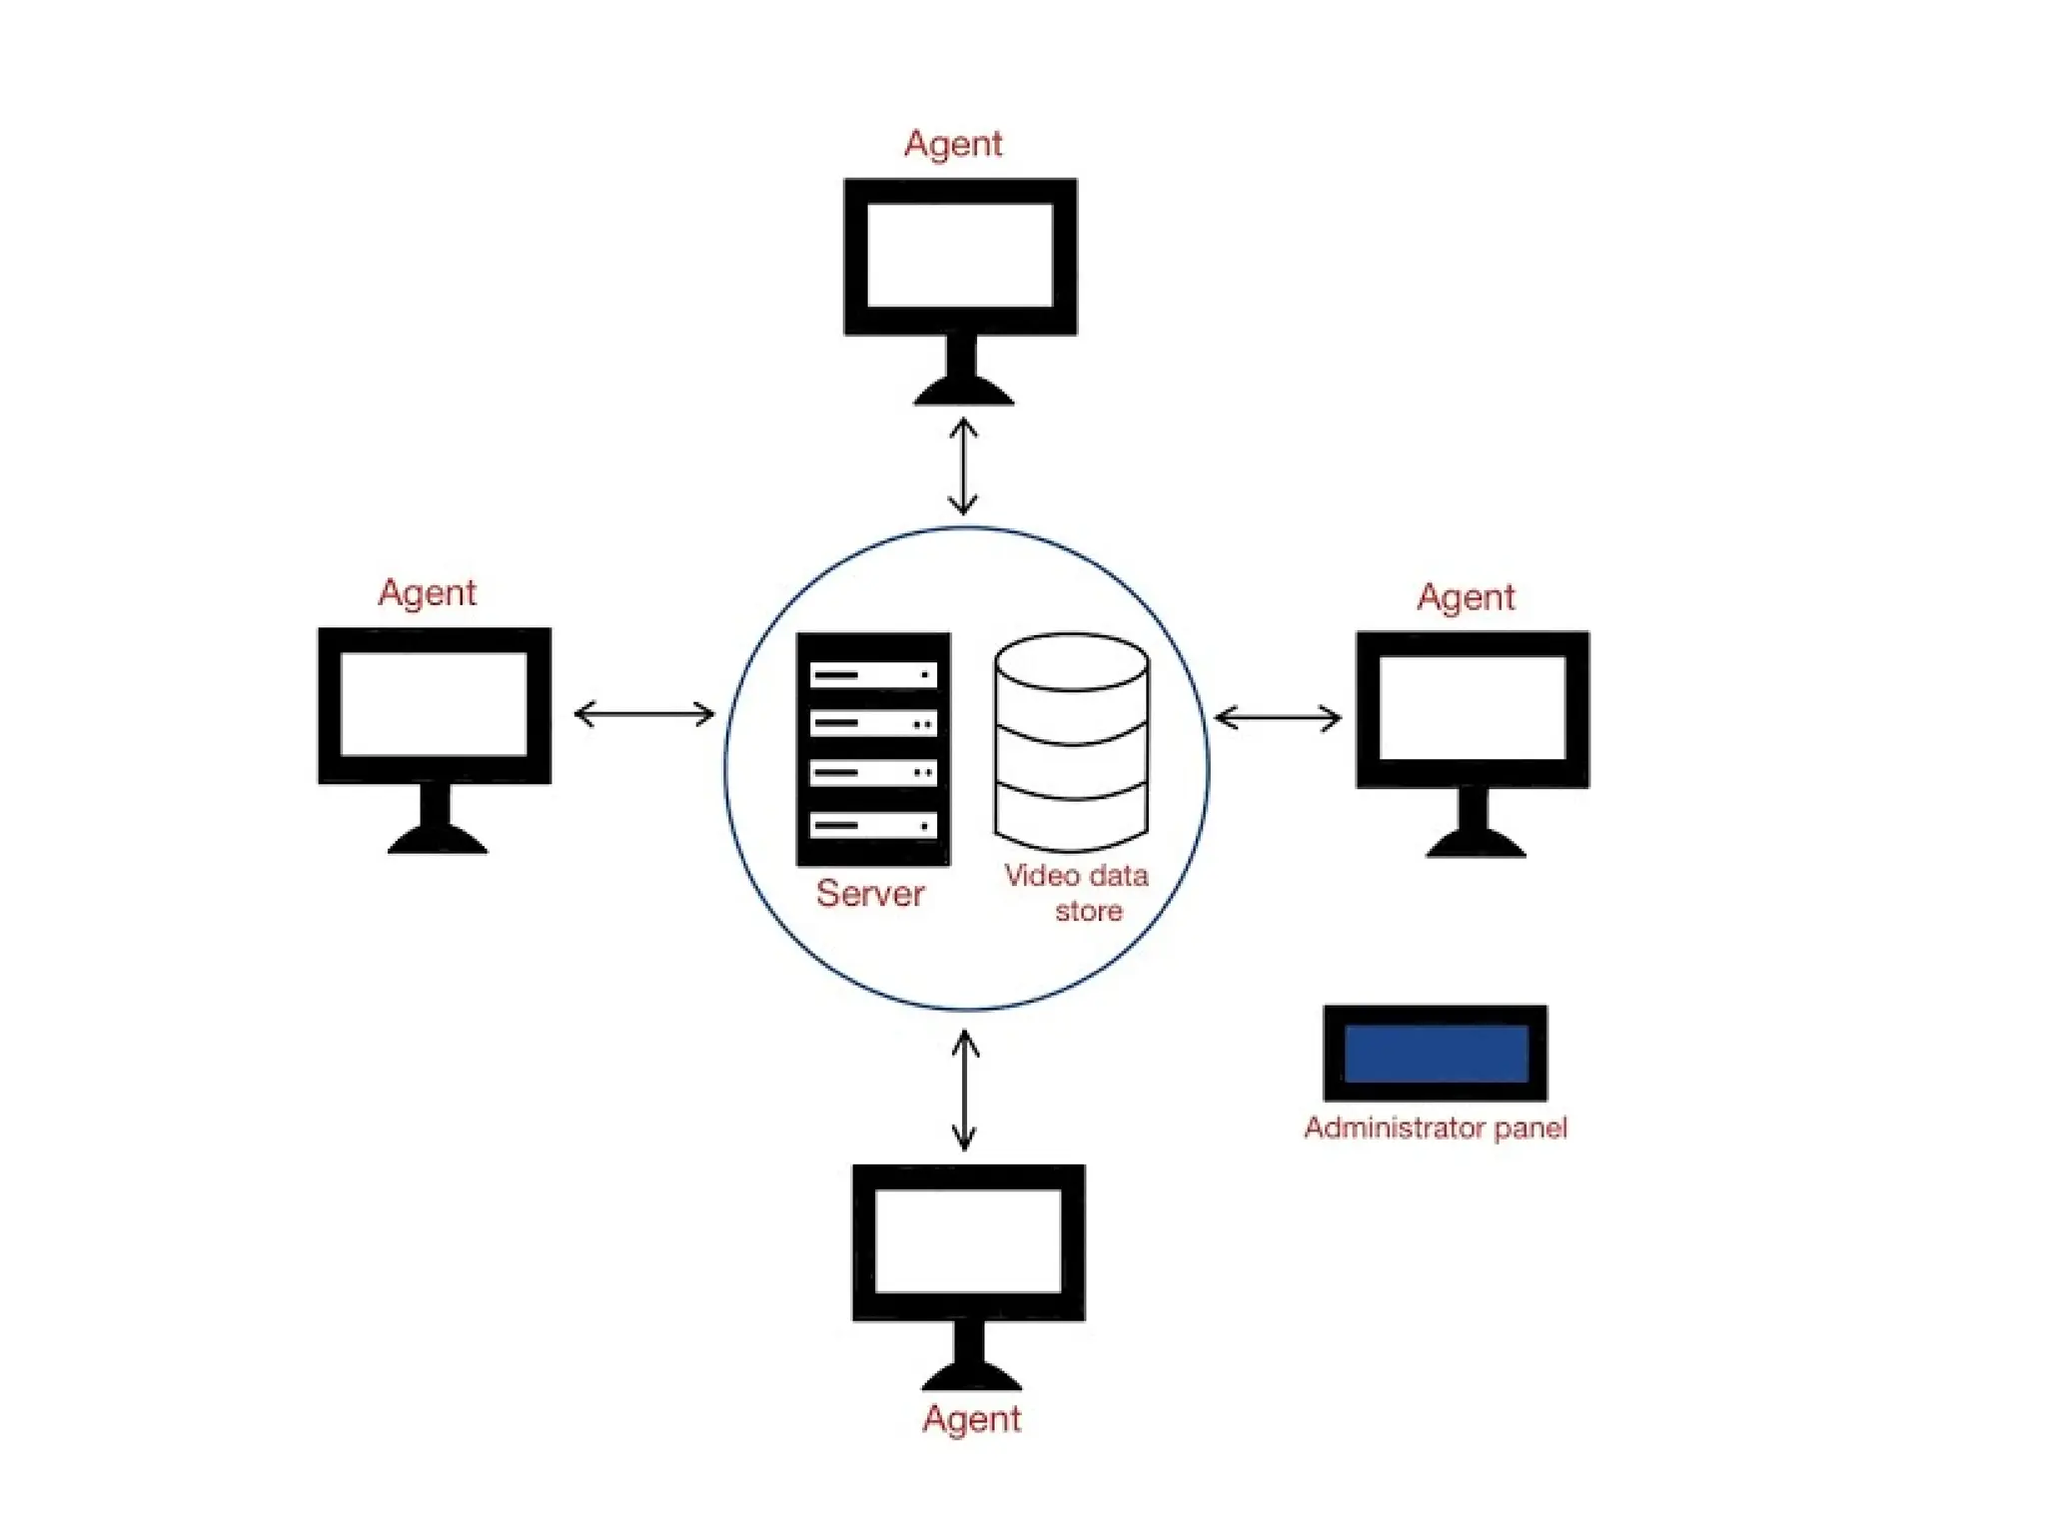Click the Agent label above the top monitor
[x=952, y=144]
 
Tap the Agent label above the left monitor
[x=427, y=593]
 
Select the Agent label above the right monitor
[x=1466, y=597]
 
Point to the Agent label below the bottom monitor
[x=971, y=1419]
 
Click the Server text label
[x=870, y=893]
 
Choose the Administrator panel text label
[x=1436, y=1128]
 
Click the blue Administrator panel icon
[x=1436, y=1053]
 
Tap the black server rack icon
[x=873, y=749]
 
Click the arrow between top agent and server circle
[x=963, y=466]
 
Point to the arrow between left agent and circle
[x=644, y=714]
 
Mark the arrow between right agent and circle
[x=1278, y=718]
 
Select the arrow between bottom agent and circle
[x=965, y=1090]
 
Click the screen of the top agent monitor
[x=960, y=255]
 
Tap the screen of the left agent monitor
[x=434, y=704]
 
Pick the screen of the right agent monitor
[x=1473, y=707]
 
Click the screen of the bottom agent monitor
[x=968, y=1240]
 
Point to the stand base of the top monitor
[x=963, y=392]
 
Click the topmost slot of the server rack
[x=873, y=675]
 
